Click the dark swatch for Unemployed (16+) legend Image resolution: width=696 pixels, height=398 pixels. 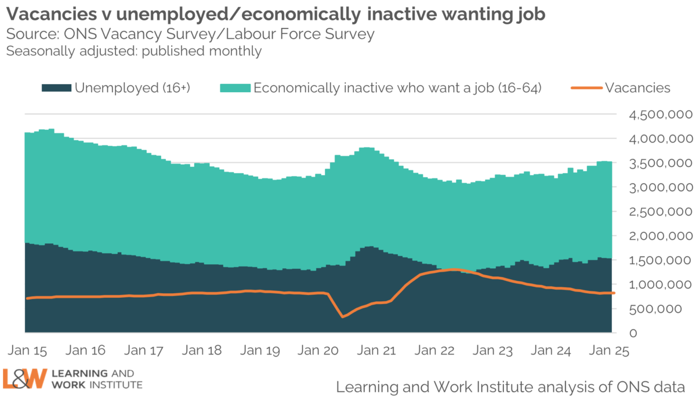coord(56,88)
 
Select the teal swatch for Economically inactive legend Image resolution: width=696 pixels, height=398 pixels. coord(235,88)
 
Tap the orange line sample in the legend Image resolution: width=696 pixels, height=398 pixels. coord(586,88)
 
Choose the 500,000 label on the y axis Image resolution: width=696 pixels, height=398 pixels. coord(666,309)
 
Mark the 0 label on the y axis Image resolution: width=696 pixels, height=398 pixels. coord(634,333)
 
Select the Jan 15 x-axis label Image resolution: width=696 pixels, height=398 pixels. coord(27,351)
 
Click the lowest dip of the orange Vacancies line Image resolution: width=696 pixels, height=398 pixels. coord(342,316)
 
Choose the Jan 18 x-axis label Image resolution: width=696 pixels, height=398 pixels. coord(202,351)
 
